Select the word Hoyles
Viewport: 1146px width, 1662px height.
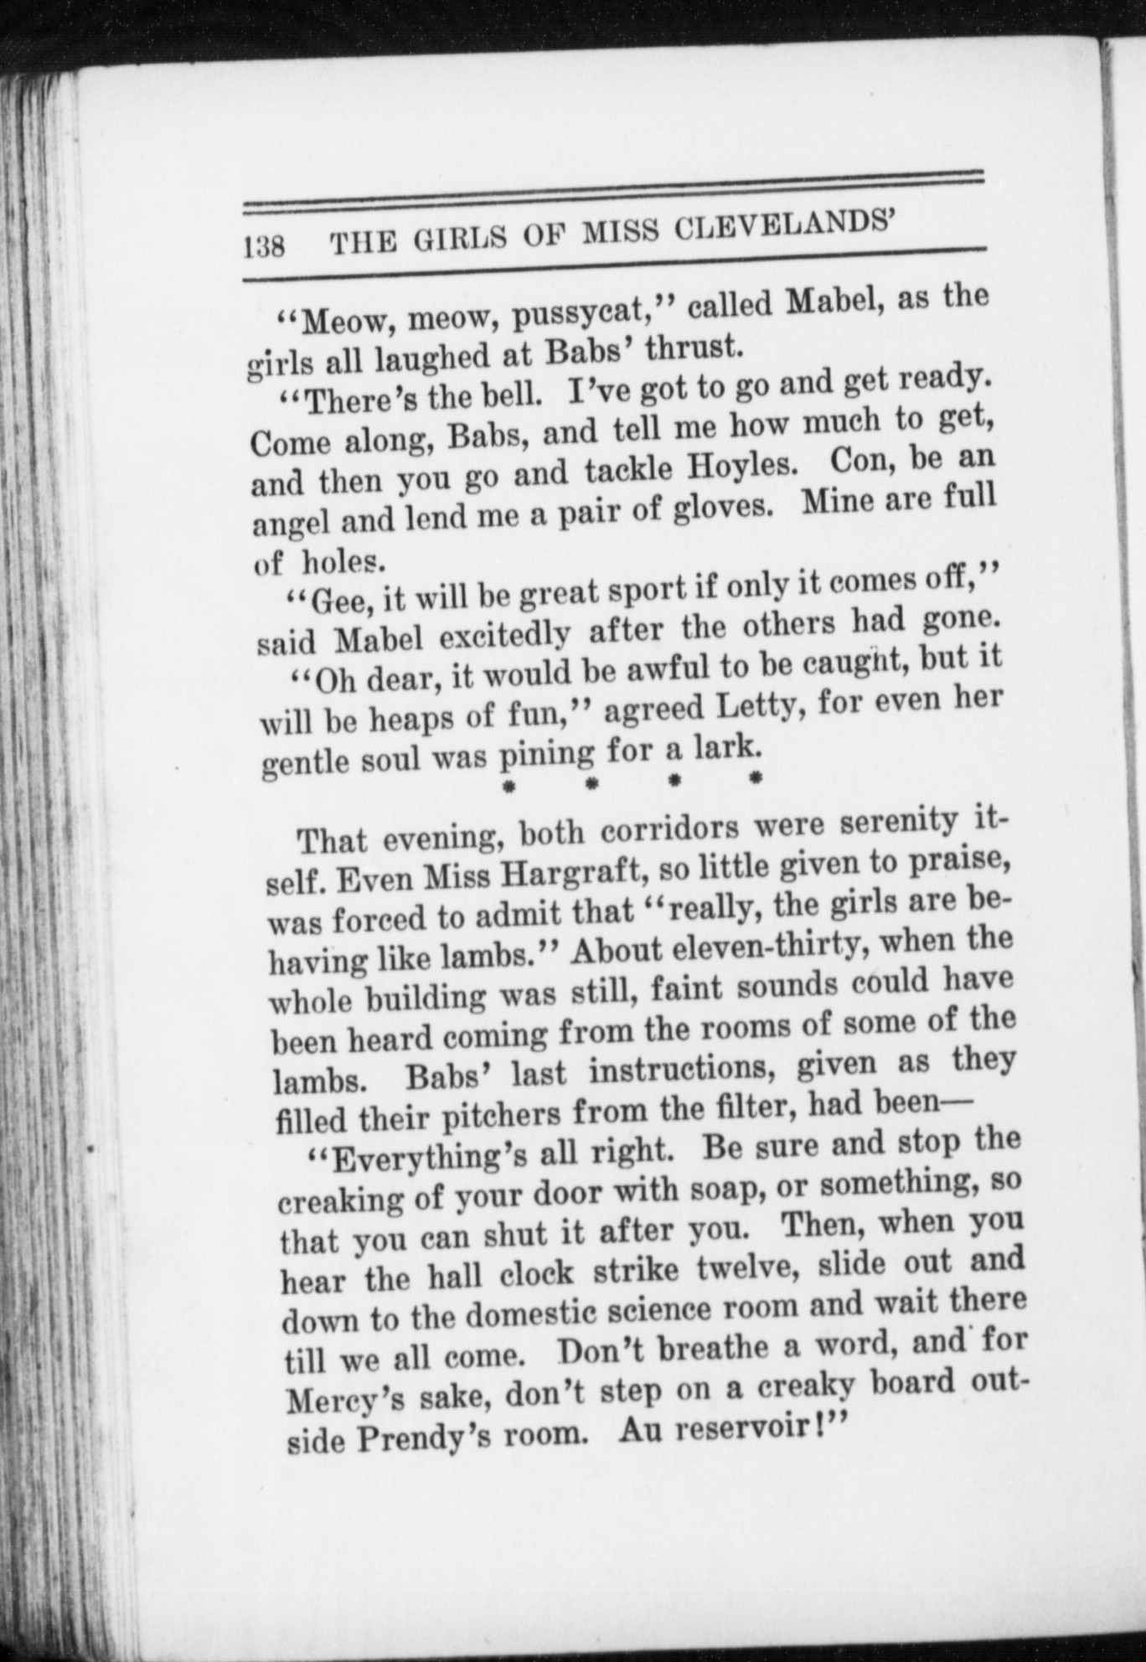coord(738,466)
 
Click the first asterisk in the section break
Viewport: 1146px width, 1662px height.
coord(507,786)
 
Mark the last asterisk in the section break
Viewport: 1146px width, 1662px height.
coord(755,778)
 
